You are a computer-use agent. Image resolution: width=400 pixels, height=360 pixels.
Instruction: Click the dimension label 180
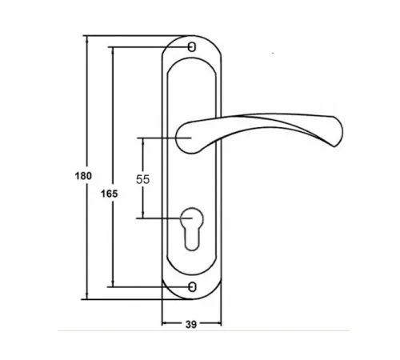pos(83,176)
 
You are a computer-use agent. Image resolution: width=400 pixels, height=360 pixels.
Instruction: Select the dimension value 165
pos(109,194)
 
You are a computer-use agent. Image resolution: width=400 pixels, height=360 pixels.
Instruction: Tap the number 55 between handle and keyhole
pos(142,179)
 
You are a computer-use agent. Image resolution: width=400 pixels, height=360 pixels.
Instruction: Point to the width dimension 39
pos(191,325)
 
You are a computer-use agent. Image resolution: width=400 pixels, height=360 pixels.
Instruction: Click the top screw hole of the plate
pos(192,47)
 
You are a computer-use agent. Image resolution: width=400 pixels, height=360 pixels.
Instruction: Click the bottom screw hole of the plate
pos(192,287)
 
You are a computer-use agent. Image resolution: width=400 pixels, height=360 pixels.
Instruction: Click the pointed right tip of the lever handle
pos(334,146)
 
